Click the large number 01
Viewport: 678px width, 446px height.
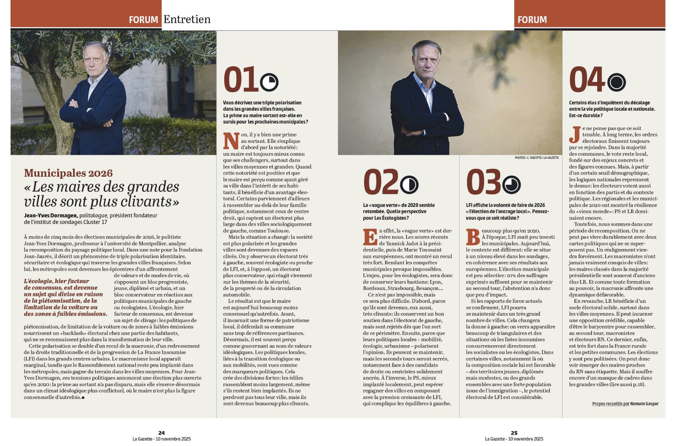[240, 79]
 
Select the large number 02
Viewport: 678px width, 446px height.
[380, 182]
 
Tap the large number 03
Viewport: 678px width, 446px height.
[483, 182]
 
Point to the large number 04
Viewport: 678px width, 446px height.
[587, 79]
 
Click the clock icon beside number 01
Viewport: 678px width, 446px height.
[269, 82]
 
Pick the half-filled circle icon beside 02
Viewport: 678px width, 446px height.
[409, 185]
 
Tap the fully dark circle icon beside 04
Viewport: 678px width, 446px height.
[616, 82]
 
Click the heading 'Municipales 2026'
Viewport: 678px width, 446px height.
[68, 173]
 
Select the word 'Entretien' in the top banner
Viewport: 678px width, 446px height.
[187, 19]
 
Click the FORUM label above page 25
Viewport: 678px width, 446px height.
[532, 20]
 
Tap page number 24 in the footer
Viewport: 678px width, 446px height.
[161, 433]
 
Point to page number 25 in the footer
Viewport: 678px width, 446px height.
[514, 433]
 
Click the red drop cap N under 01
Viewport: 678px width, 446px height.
[231, 141]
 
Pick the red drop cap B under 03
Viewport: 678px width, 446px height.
[473, 237]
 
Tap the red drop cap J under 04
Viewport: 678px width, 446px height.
[574, 135]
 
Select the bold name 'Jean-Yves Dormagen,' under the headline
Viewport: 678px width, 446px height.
[51, 216]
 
